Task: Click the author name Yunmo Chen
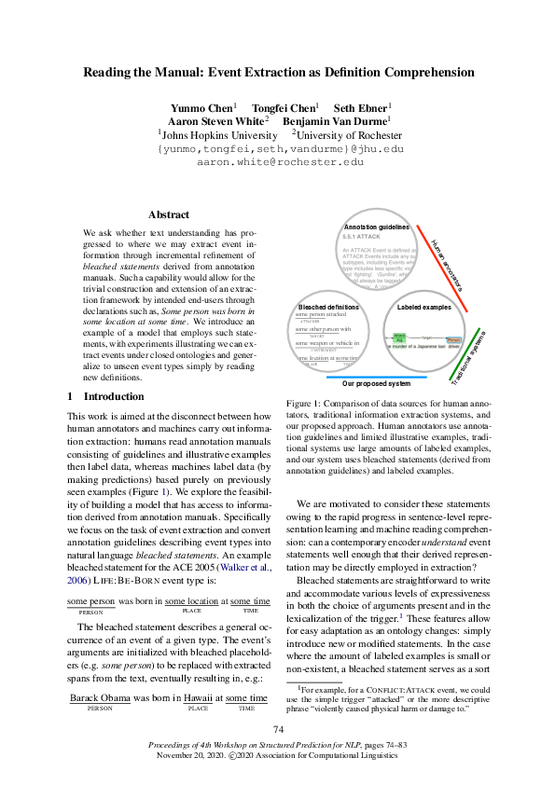pos(202,107)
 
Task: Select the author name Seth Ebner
pos(359,107)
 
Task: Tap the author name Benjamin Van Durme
pos(337,120)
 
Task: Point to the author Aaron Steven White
pos(215,120)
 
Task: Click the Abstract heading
pos(168,214)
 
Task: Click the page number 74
pos(278,729)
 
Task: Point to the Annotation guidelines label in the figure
pos(376,227)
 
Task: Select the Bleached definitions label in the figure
pos(327,306)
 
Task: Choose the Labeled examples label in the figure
pos(424,306)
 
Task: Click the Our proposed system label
pos(376,383)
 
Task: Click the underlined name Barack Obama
pos(100,698)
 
